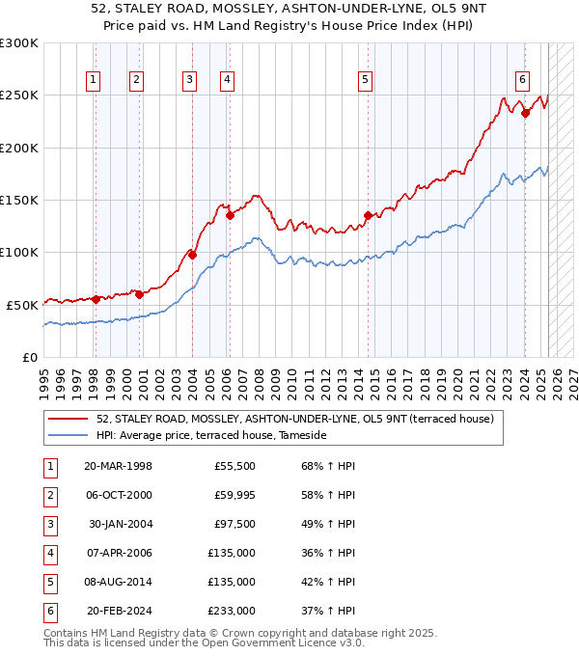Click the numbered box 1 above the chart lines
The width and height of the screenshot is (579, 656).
95,81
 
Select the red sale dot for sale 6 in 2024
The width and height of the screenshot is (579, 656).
525,113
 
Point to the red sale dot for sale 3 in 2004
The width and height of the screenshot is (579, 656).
192,255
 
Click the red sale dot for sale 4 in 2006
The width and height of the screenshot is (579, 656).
230,216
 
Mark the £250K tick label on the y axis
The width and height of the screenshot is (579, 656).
19,96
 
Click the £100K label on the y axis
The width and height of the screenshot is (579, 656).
19,252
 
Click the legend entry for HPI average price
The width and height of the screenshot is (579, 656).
211,436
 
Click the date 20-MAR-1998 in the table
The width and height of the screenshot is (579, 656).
119,466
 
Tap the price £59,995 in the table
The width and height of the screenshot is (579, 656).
234,495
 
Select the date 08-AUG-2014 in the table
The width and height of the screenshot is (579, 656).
119,582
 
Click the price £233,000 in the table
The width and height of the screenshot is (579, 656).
232,611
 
